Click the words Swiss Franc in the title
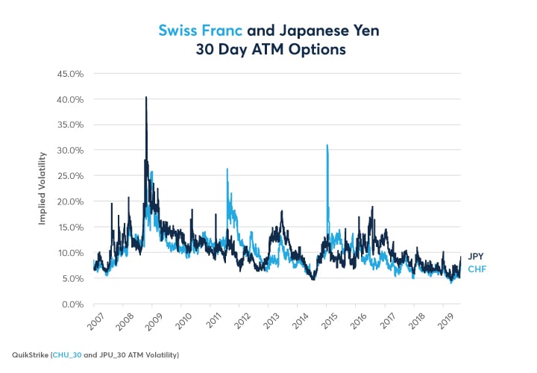pos(198,31)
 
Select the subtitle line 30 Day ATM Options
pos(268,51)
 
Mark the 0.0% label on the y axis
pos(70,304)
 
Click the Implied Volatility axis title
pos(43,189)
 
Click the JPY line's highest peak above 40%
pos(146,98)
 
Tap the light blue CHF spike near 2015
pos(327,145)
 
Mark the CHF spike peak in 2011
pos(227,169)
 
